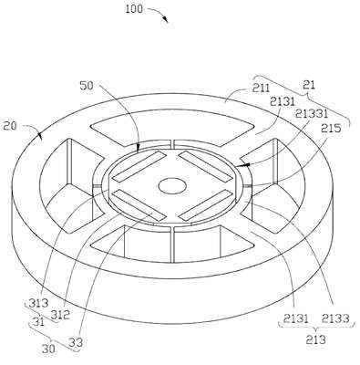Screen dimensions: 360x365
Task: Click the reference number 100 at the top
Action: pyautogui.click(x=134, y=8)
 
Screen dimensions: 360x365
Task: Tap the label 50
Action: pyautogui.click(x=87, y=86)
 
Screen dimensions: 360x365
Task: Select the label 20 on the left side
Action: pyautogui.click(x=10, y=125)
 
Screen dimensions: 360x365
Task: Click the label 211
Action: pyautogui.click(x=261, y=88)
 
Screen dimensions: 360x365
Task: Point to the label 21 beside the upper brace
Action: pyautogui.click(x=309, y=85)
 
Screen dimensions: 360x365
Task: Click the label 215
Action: pyautogui.click(x=332, y=128)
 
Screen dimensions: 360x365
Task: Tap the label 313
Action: pyautogui.click(x=38, y=303)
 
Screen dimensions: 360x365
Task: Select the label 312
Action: pyautogui.click(x=60, y=315)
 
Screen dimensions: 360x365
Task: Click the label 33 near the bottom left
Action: pyautogui.click(x=76, y=342)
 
